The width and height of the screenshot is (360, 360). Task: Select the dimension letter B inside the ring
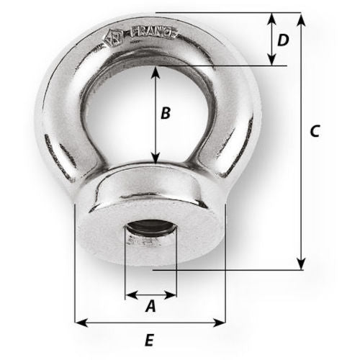(165, 113)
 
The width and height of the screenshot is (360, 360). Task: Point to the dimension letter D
(283, 40)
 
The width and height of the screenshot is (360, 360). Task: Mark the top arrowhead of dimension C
(301, 17)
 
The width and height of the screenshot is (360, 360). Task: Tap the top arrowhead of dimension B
(156, 71)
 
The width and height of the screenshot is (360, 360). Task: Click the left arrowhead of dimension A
(130, 294)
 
